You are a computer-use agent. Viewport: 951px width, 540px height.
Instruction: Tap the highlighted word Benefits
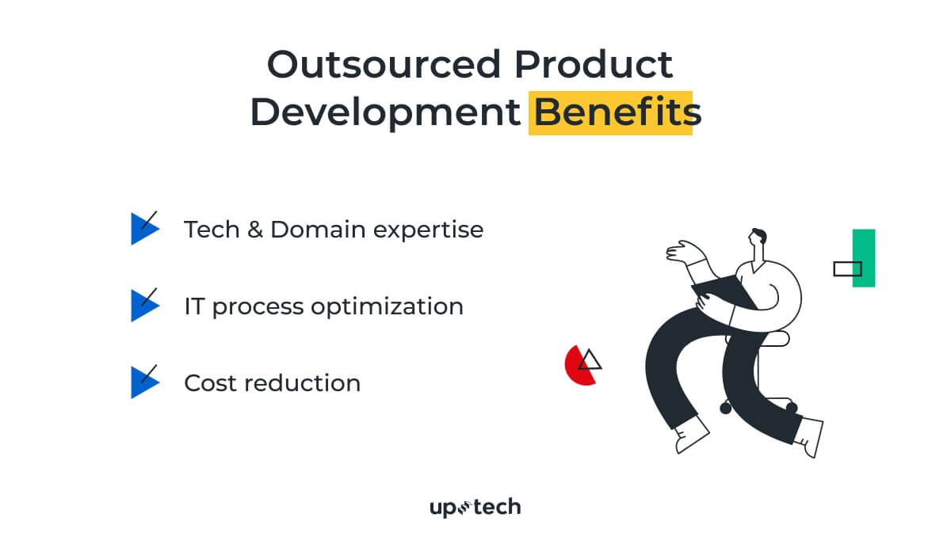click(610, 112)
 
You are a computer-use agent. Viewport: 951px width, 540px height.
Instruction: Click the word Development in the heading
click(385, 112)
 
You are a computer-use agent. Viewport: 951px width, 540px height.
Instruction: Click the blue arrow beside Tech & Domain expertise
click(143, 229)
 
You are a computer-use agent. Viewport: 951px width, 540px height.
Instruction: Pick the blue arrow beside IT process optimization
click(143, 306)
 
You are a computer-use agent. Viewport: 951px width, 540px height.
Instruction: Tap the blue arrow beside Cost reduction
click(143, 382)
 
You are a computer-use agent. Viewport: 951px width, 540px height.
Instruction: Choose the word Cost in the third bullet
click(210, 383)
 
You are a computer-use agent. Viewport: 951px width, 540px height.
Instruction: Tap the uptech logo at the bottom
click(475, 508)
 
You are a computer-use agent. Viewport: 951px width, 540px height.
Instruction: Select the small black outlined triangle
click(589, 362)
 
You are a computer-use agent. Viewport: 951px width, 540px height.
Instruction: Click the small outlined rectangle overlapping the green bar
click(846, 269)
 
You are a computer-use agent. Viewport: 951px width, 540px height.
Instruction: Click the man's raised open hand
click(680, 252)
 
